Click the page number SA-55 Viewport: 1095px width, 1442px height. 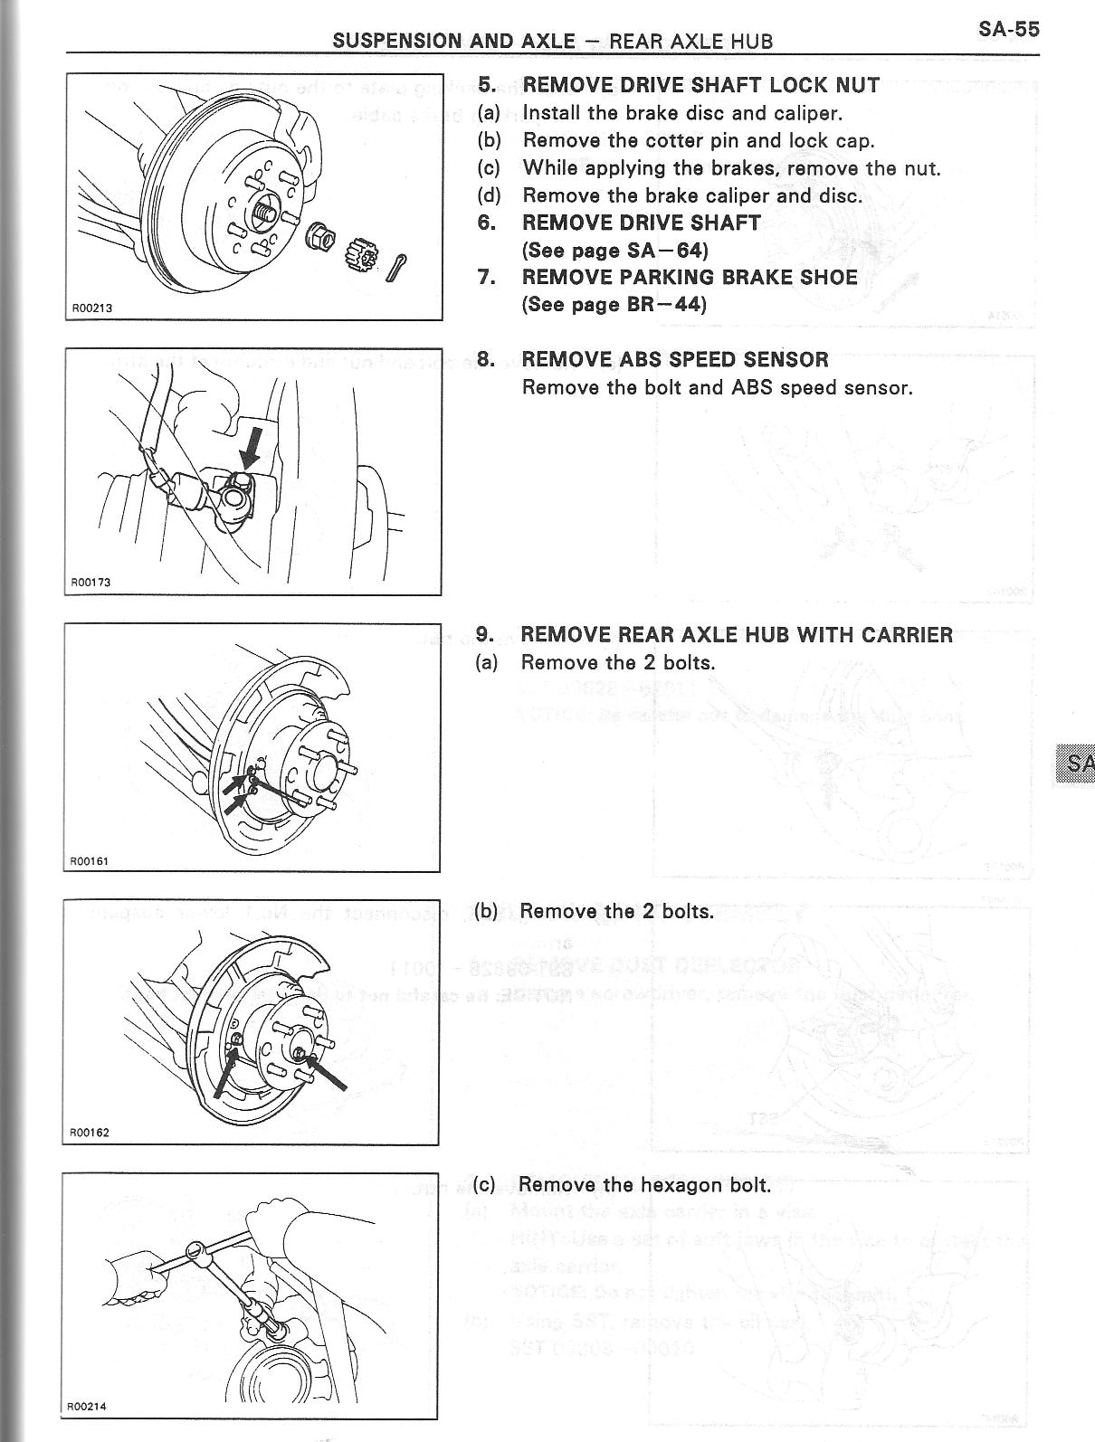[1008, 29]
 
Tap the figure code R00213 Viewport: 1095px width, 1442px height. [92, 308]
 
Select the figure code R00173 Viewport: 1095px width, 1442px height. [91, 583]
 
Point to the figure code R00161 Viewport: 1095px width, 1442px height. [90, 860]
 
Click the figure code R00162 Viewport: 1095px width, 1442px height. [90, 1132]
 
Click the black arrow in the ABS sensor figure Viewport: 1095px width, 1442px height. [252, 449]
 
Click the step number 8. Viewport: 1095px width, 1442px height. [485, 360]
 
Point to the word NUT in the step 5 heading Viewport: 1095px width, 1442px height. [858, 85]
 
